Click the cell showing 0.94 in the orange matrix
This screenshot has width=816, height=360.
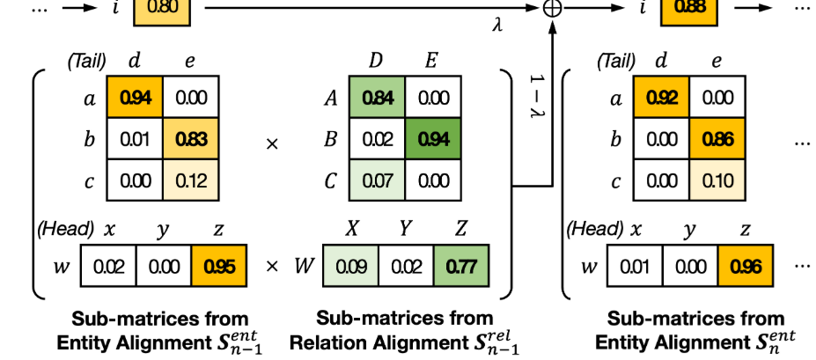[x=135, y=98]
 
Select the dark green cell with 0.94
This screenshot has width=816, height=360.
[x=433, y=139]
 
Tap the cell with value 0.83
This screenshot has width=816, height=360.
[x=191, y=139]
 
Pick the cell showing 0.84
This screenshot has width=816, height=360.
[x=378, y=98]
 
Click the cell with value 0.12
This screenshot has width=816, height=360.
[x=191, y=180]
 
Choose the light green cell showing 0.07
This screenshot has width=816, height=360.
[x=378, y=180]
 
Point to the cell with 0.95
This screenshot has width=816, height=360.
[x=218, y=267]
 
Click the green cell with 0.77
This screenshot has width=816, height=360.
[x=461, y=267]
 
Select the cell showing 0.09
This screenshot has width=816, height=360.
[x=350, y=267]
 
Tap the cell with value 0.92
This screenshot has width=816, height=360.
[x=661, y=98]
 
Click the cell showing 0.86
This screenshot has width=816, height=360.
[x=717, y=139]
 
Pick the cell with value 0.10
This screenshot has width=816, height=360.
[x=717, y=180]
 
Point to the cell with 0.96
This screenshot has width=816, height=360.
[x=746, y=267]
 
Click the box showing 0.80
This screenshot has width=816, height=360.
[x=162, y=9]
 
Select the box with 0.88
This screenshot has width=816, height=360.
[x=689, y=9]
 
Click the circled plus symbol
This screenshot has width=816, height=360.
[x=552, y=8]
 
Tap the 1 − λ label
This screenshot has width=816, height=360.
[x=537, y=97]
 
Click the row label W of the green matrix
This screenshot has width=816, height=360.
[x=304, y=267]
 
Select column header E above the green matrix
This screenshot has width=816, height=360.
[x=430, y=61]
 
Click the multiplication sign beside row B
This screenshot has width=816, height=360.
[x=272, y=144]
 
